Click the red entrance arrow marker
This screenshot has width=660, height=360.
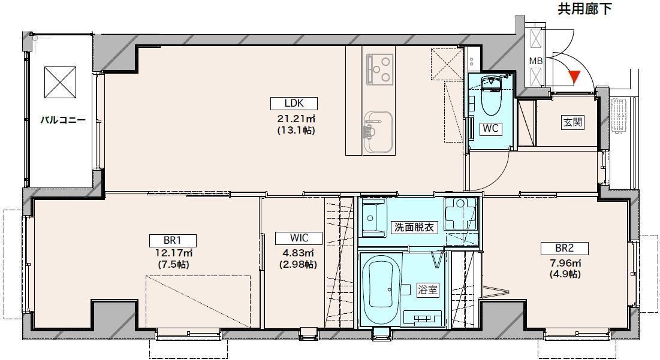574,76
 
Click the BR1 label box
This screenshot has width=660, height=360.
164,240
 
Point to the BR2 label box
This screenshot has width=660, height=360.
564,248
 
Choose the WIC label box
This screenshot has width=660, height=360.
299,238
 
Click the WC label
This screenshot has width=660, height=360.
491,128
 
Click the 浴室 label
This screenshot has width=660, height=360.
427,290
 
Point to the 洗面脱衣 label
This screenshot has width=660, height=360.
413,228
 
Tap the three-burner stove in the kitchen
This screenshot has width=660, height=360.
379,68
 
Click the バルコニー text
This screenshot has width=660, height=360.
62,120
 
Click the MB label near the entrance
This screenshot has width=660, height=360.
535,61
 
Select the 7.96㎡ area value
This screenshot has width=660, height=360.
564,264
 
